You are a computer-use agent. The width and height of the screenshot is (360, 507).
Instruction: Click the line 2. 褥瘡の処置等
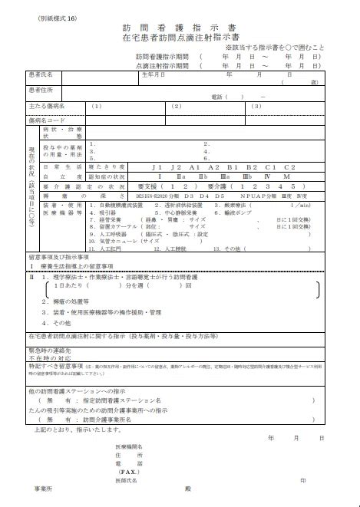coord(68,301)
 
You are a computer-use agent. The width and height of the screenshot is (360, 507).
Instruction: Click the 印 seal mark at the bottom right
coord(303,480)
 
